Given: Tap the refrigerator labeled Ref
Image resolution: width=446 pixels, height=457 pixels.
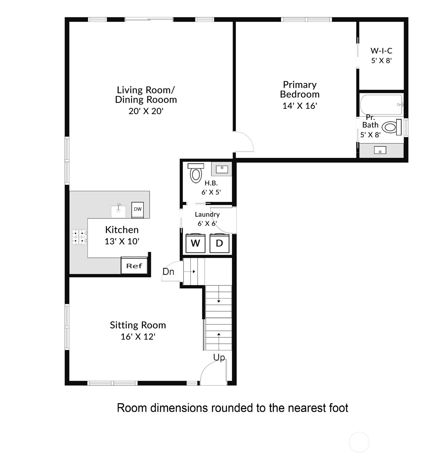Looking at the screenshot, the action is (x=134, y=265).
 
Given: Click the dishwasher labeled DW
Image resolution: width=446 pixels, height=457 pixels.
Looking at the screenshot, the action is (x=138, y=210).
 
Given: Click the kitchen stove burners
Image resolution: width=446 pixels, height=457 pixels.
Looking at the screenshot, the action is (x=79, y=237).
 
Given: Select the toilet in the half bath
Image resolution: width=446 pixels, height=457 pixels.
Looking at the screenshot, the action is (x=196, y=173).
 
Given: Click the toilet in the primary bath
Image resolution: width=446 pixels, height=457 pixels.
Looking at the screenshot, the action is (x=392, y=127).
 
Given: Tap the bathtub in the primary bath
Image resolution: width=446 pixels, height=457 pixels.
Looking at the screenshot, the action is (x=381, y=104).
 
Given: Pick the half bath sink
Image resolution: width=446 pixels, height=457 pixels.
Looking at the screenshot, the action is (x=221, y=169).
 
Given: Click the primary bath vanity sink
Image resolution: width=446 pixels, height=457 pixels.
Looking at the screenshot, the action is (x=380, y=150).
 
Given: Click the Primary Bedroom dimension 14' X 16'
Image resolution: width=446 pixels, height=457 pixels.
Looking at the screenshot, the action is (x=300, y=106).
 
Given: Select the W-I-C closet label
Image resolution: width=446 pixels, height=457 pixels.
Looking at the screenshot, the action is (x=381, y=50).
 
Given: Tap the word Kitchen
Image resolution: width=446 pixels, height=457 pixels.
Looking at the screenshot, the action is (x=122, y=230).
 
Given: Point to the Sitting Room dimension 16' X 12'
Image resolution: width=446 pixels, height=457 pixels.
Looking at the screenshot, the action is (x=138, y=336).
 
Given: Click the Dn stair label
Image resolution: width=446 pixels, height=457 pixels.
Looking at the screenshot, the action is (x=168, y=272).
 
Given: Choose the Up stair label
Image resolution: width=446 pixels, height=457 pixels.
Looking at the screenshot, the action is (x=219, y=357).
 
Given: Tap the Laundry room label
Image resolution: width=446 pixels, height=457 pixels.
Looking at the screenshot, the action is (x=207, y=214).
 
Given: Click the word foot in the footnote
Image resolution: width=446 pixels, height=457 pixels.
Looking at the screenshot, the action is (x=339, y=408).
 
